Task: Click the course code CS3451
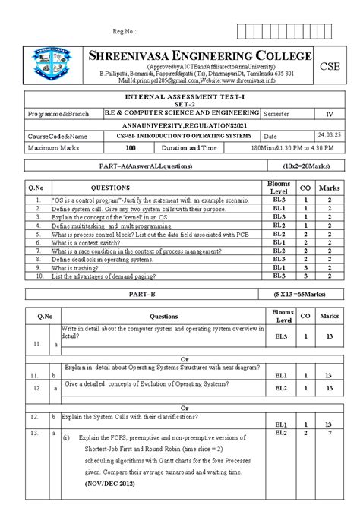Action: tap(121, 135)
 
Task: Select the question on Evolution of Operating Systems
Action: tap(152, 384)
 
